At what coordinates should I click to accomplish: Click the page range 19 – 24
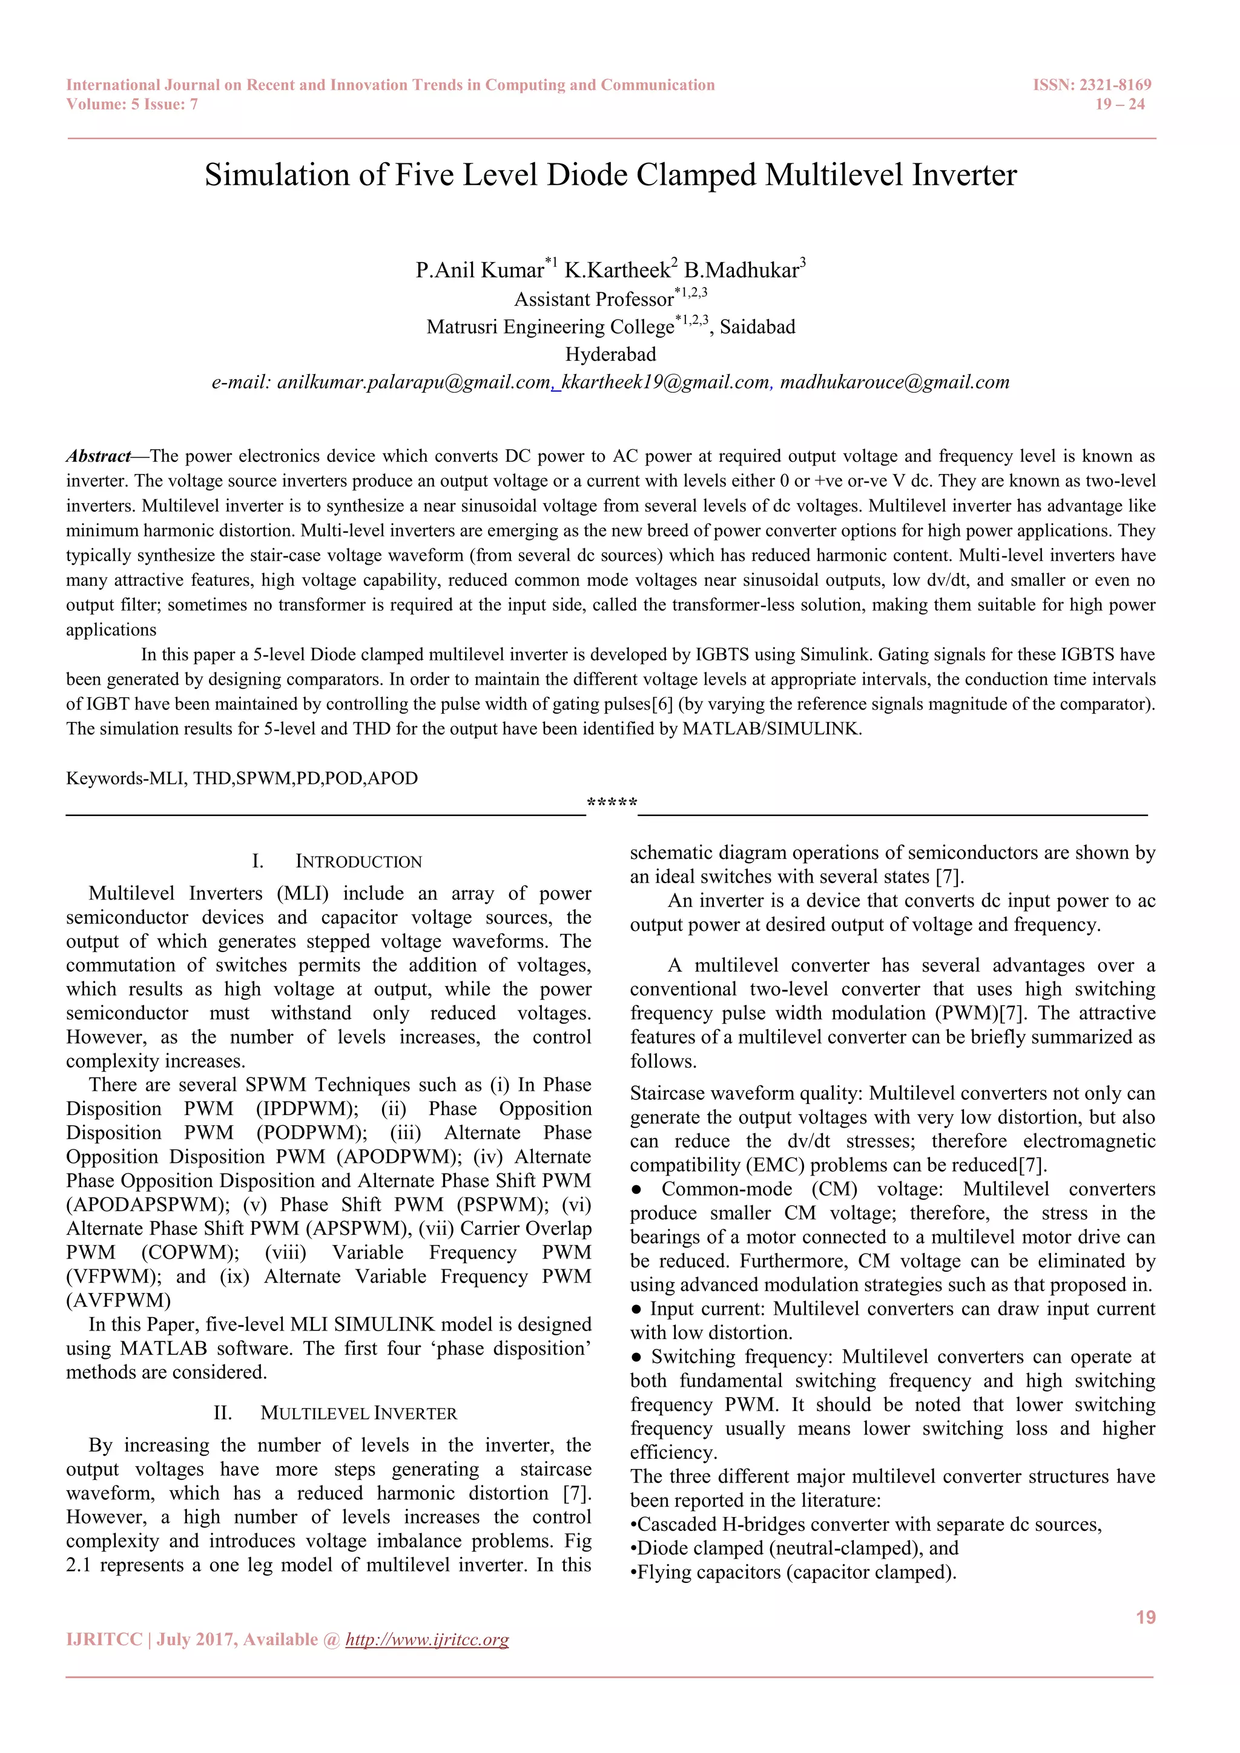tap(1120, 105)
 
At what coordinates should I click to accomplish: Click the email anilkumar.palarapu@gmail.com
tap(413, 383)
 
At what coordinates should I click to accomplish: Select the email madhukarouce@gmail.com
tap(894, 383)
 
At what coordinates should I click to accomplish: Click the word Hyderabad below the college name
tap(610, 354)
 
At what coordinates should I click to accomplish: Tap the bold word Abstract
tap(97, 456)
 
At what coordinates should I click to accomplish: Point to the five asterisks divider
tap(612, 803)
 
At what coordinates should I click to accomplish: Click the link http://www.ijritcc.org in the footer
tap(427, 1639)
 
